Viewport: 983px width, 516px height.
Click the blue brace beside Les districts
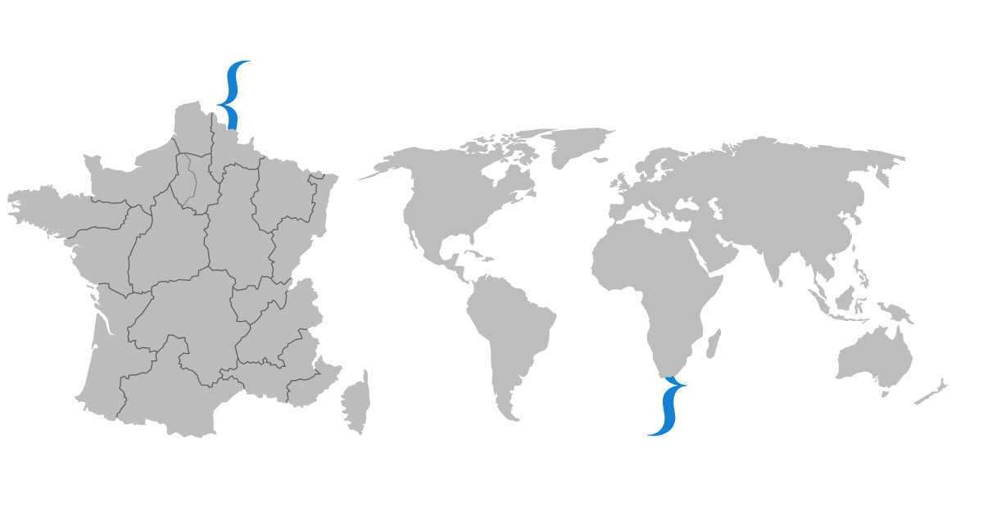pos(232,94)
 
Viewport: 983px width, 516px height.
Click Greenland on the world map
pos(573,147)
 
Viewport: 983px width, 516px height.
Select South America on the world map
pos(508,328)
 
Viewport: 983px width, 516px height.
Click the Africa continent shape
pos(655,287)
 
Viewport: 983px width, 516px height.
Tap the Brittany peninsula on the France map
pos(41,209)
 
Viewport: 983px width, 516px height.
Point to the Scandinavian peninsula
pos(655,164)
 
